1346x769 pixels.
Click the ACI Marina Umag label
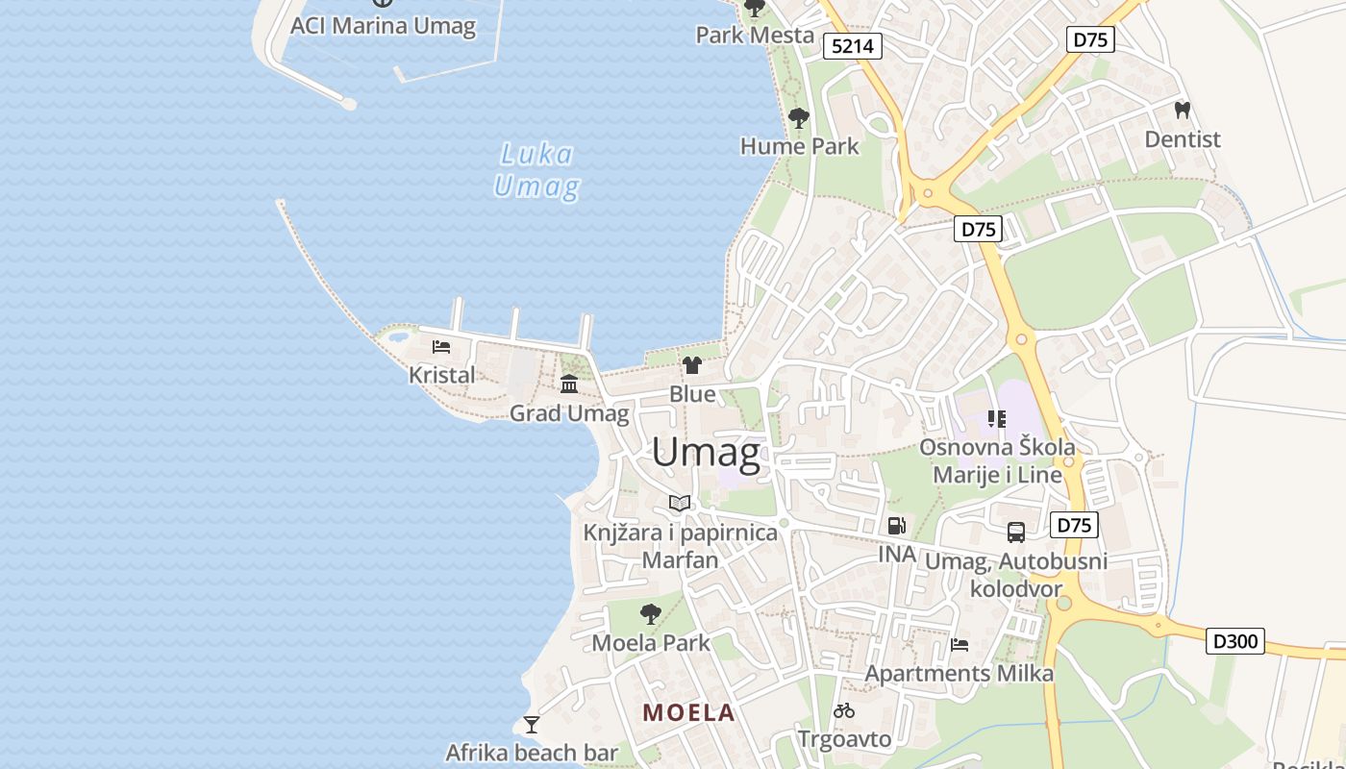click(383, 26)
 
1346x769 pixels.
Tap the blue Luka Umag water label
click(536, 170)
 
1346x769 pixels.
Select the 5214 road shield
click(853, 46)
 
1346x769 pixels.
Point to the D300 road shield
click(1235, 641)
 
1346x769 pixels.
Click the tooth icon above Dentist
click(1183, 111)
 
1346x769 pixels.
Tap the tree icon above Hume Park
click(798, 118)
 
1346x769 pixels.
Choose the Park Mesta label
click(755, 36)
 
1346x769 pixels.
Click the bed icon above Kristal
click(441, 347)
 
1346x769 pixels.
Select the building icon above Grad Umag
click(569, 384)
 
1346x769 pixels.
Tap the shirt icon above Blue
click(692, 365)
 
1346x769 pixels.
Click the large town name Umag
click(707, 453)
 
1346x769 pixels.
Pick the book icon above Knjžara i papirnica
click(680, 503)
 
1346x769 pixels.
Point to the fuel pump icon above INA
click(896, 526)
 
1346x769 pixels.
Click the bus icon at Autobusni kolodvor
click(1016, 532)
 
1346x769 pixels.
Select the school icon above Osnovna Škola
click(997, 418)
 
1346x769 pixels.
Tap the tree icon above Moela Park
click(651, 613)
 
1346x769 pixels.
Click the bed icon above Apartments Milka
click(959, 645)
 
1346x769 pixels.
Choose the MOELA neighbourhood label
click(688, 713)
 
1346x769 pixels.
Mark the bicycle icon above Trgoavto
click(844, 711)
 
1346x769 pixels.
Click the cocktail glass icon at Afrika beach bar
click(531, 724)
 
